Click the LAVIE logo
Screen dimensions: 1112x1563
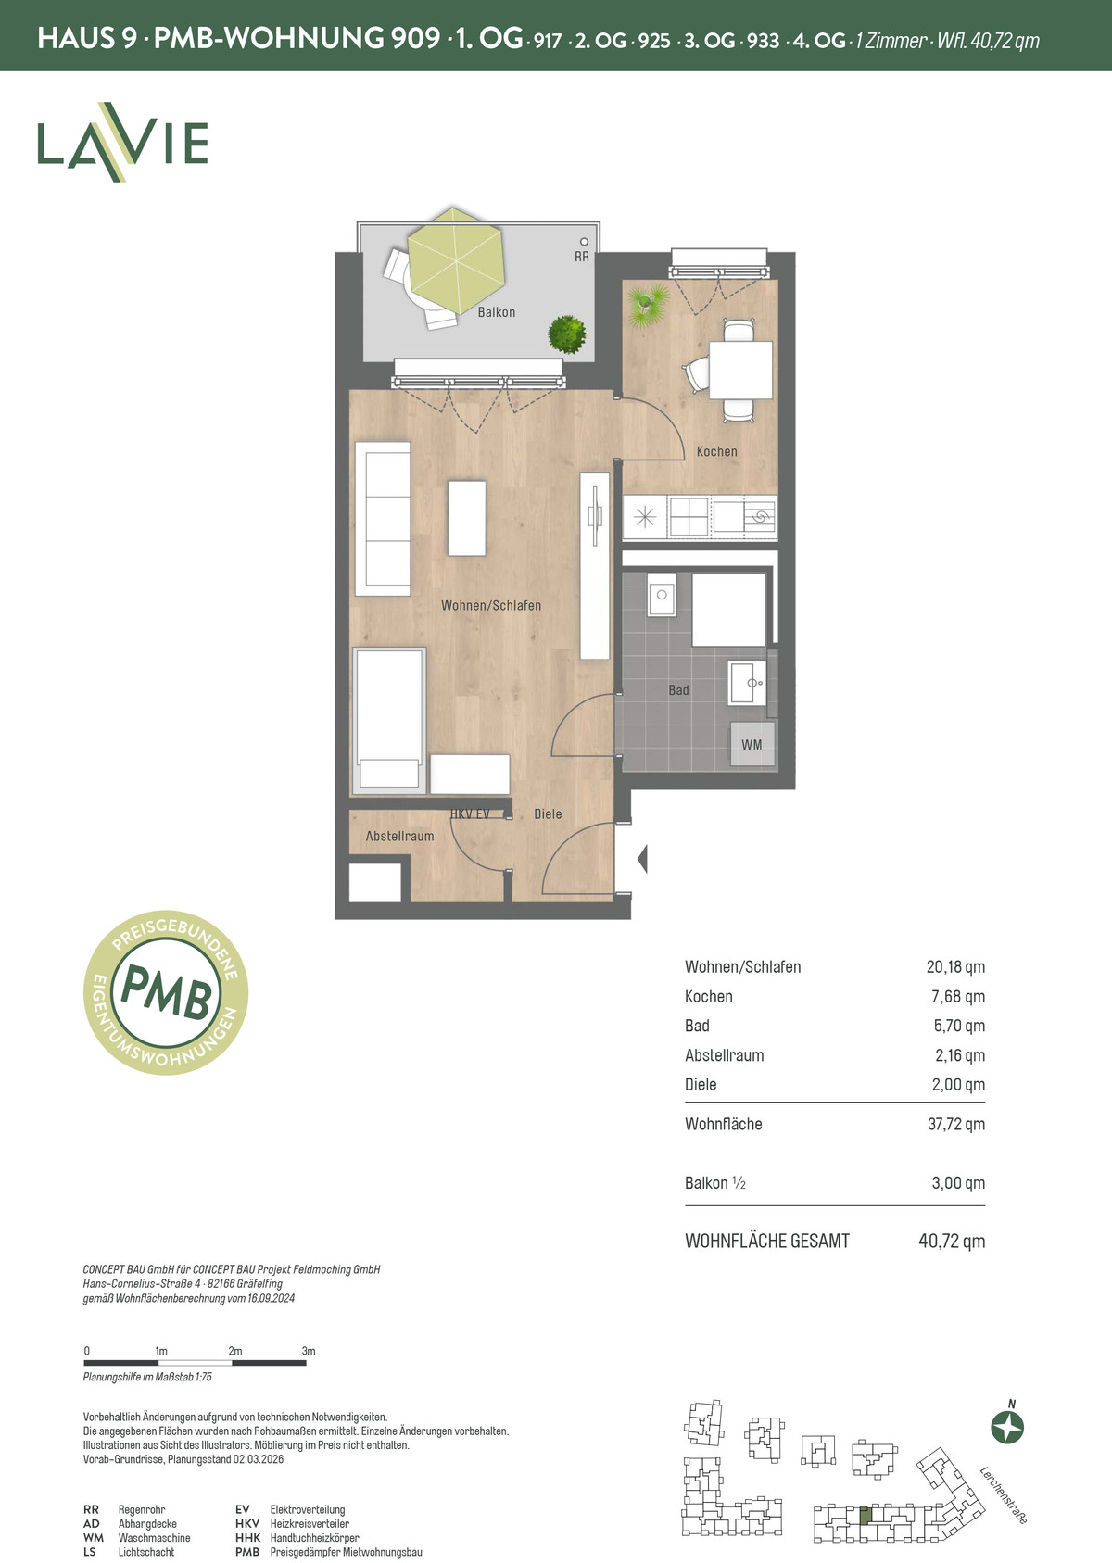pos(123,142)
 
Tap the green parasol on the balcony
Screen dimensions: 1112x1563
pos(455,260)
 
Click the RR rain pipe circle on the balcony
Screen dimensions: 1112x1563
pos(584,242)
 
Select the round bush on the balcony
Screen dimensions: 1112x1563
pos(567,334)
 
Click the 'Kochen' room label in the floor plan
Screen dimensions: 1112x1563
pos(717,451)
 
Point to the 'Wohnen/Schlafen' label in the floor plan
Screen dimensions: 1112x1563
pos(491,606)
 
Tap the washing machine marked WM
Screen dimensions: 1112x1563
pos(752,745)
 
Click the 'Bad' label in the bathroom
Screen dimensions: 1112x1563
pos(678,690)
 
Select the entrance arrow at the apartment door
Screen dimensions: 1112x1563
pos(642,859)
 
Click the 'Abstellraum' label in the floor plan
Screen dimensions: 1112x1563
pos(400,836)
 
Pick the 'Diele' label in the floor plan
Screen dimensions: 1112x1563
pos(548,813)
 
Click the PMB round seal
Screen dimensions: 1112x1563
pos(166,992)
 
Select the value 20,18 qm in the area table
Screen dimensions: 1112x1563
pos(955,967)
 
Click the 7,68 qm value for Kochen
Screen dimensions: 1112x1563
pos(958,996)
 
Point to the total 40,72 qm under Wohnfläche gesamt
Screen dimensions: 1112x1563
pos(952,1242)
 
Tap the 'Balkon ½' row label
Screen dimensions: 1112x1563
pos(715,1183)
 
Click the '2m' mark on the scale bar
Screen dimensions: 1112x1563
pos(235,1351)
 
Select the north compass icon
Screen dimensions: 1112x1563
pos(1007,1426)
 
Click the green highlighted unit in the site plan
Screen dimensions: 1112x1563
pos(866,1515)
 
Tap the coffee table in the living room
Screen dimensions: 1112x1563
pos(466,518)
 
